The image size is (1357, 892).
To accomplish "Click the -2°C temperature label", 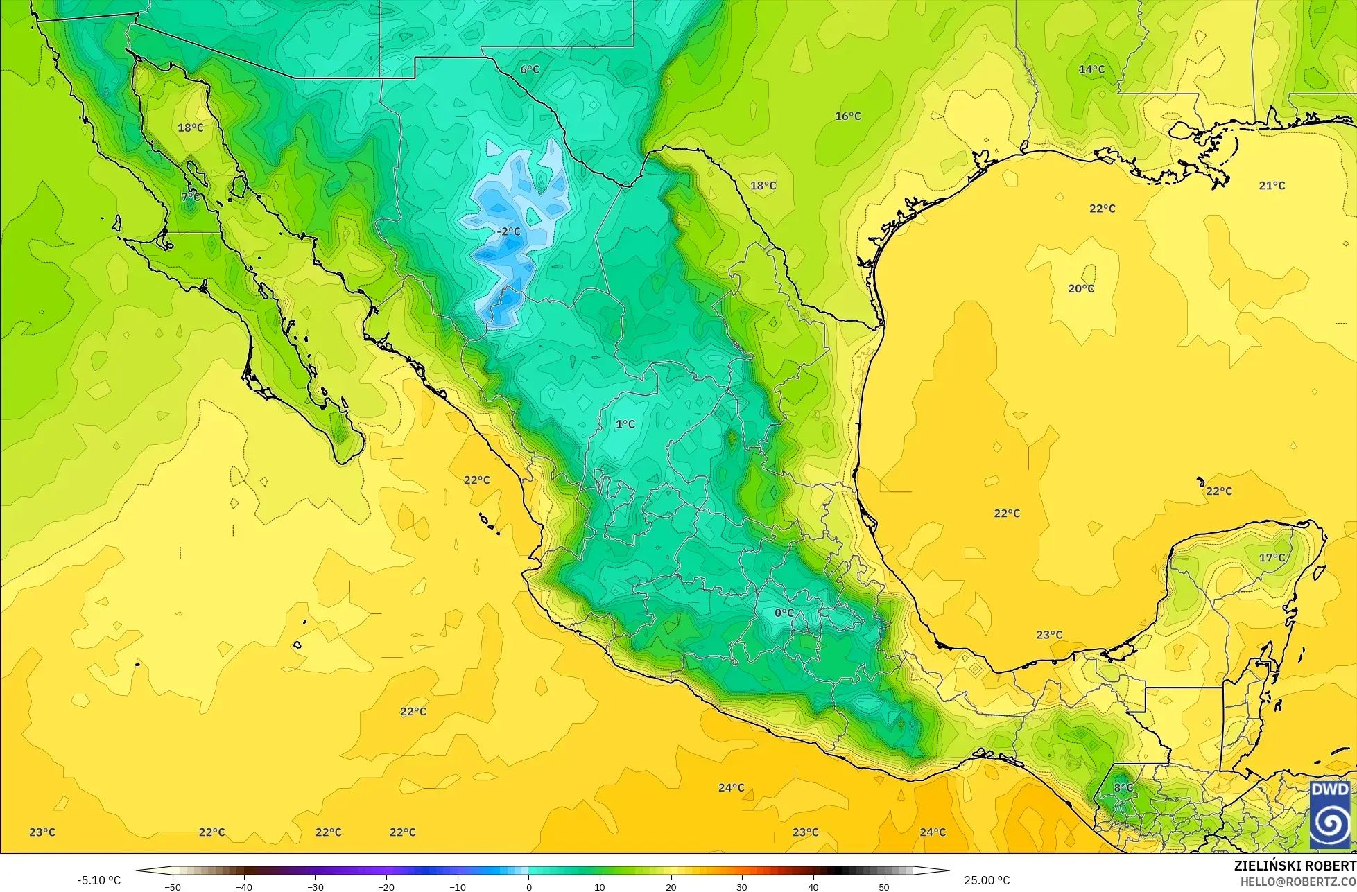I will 509,231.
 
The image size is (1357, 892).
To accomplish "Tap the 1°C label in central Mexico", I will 625,424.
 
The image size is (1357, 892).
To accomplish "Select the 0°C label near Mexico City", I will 784,613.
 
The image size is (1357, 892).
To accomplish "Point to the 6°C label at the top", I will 530,69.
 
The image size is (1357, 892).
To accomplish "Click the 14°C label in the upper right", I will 1091,69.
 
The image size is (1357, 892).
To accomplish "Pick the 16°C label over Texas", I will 847,116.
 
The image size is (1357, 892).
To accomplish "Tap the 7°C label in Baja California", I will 191,197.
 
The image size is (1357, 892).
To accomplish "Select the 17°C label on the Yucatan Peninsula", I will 1272,557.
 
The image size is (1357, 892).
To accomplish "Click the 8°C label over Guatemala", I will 1123,787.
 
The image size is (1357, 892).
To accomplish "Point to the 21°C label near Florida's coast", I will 1272,185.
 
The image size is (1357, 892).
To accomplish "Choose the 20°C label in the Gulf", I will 1080,288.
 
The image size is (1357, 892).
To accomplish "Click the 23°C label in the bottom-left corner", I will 42,832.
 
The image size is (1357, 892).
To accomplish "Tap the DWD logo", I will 1329,814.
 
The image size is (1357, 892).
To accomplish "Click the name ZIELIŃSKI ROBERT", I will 1295,866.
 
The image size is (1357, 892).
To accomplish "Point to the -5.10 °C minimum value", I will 98,880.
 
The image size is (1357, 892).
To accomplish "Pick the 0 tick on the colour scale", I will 528,887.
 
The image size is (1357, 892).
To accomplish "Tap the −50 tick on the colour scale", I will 173,887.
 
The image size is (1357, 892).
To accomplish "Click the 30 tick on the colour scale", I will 742,887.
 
